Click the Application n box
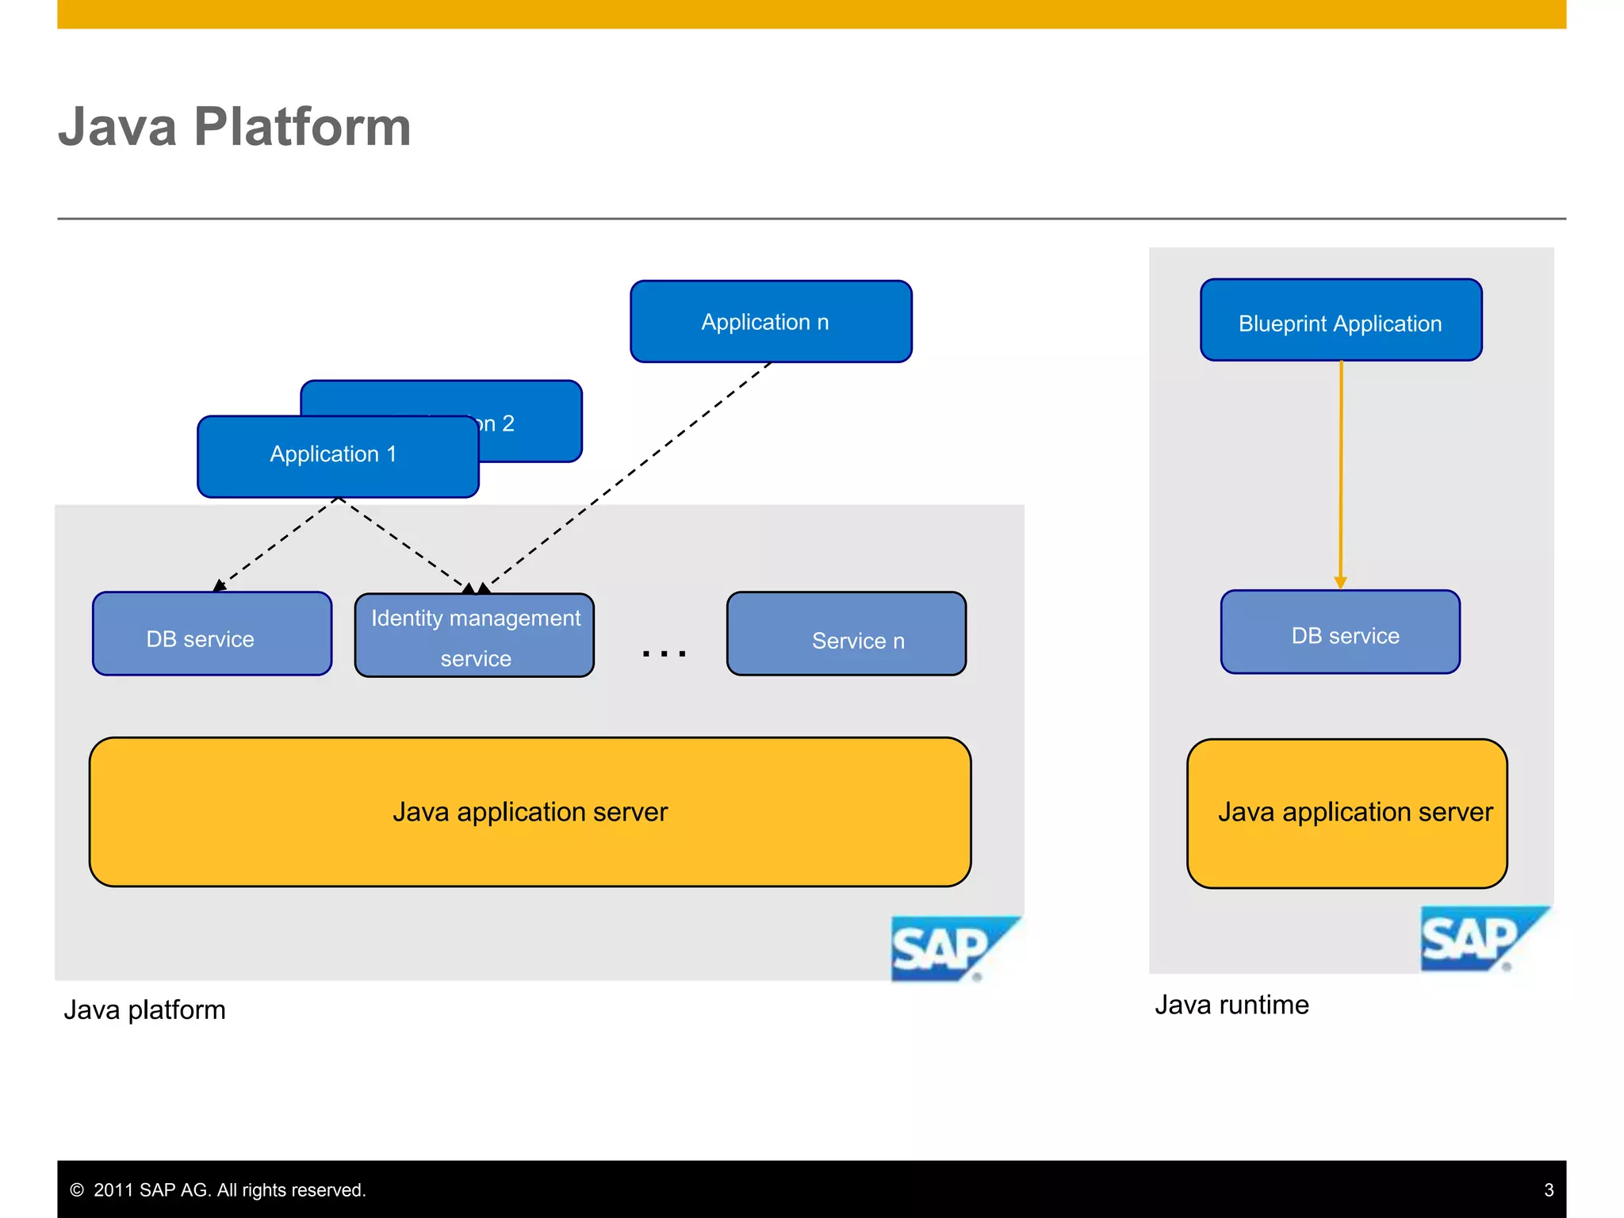point(771,322)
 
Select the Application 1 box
point(337,456)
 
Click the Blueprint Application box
point(1341,320)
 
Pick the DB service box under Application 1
point(212,634)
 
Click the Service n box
point(846,634)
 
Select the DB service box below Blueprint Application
point(1340,633)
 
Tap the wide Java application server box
point(530,812)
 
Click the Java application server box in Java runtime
point(1346,814)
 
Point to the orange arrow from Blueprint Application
point(1341,476)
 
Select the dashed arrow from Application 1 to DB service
point(278,544)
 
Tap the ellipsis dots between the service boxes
point(665,653)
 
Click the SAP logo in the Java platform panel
point(952,948)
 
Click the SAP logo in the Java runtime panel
point(1481,939)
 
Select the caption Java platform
point(144,1010)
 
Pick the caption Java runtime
point(1231,1005)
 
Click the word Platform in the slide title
point(302,127)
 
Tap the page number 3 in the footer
point(1549,1190)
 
